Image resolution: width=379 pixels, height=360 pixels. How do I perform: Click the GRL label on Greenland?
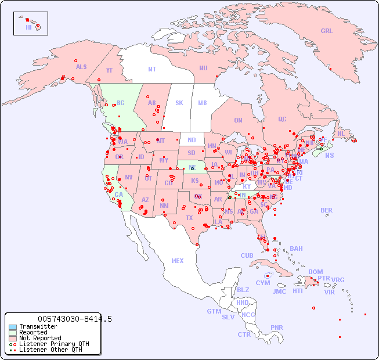pos(327,31)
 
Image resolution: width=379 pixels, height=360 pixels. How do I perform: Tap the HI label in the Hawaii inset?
pos(28,27)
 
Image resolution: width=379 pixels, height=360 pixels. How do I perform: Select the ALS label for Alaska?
pos(81,67)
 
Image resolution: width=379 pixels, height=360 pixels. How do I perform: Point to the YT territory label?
pos(109,70)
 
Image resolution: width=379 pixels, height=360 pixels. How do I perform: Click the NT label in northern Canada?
pos(152,69)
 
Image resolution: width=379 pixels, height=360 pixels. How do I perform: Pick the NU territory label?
pos(203,68)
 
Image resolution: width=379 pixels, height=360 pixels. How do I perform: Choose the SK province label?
pos(179,103)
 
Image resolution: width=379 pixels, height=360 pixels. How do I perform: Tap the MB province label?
pos(203,103)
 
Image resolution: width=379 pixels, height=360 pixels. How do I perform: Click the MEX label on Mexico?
pos(178,261)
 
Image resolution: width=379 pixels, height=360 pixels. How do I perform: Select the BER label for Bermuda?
pos(327,211)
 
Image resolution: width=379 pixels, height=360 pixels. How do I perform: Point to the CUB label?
pos(247,256)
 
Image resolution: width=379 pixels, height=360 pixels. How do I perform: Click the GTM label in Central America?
pos(214,311)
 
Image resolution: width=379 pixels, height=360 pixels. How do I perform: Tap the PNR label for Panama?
pos(277,327)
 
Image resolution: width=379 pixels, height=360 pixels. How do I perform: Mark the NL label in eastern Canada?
pos(341,133)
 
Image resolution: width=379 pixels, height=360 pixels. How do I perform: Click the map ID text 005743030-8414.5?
pos(75,319)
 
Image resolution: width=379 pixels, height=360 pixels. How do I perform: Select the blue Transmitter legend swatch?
pos(13,327)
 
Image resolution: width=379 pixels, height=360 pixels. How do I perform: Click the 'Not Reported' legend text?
pos(40,338)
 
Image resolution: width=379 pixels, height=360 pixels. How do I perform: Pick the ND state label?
pos(192,140)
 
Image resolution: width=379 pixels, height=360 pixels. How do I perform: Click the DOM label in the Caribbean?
pos(315,272)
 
